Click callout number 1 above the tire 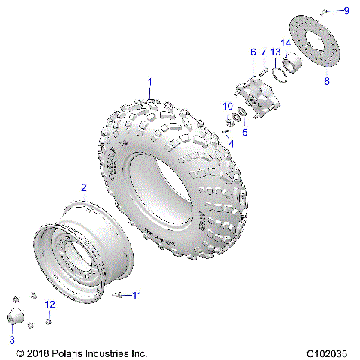(149, 81)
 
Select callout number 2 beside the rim (84, 187)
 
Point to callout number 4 (231, 143)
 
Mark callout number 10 (228, 107)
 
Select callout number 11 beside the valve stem (136, 295)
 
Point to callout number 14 (285, 43)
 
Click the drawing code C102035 (328, 352)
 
